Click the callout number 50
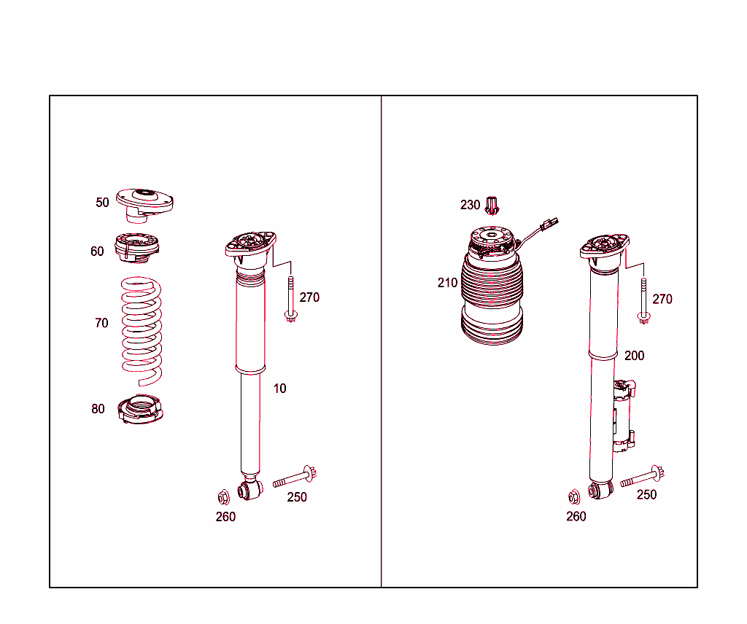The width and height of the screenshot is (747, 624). coord(102,202)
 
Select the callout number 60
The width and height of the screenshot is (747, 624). coord(97,251)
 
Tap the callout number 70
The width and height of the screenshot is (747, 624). coord(101,323)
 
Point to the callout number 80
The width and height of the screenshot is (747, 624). coord(98,408)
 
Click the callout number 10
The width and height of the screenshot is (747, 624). coord(279,389)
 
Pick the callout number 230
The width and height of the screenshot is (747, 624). coord(470,205)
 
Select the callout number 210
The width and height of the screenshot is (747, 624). coord(447,283)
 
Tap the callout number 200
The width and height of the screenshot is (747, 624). coord(634,356)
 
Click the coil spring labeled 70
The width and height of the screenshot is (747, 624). coord(142,331)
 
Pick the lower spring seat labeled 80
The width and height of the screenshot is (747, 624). coord(141,410)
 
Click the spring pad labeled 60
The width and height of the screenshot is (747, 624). coord(136,248)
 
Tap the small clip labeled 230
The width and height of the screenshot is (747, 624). coord(492,205)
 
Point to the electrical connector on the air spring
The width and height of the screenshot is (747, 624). coord(549,224)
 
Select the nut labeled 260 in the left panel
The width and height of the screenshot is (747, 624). coord(223,497)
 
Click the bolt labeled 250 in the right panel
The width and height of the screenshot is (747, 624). coord(642,477)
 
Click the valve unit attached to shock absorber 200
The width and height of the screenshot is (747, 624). coord(624,416)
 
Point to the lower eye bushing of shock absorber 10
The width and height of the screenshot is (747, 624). coord(250,490)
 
